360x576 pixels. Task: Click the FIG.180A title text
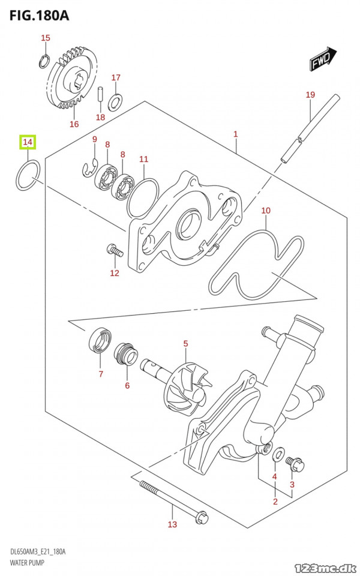(x=39, y=16)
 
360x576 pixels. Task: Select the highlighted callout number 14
(x=28, y=142)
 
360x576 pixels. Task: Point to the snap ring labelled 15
(x=44, y=61)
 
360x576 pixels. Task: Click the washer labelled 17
(x=115, y=102)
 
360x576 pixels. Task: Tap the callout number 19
(x=310, y=95)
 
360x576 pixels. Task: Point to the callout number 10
(x=266, y=211)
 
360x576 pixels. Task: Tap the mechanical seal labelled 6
(x=126, y=355)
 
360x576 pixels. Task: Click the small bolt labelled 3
(x=295, y=463)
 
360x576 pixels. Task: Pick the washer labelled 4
(x=278, y=454)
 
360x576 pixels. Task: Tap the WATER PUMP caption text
(x=27, y=563)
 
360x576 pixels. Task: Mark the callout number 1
(x=235, y=134)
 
